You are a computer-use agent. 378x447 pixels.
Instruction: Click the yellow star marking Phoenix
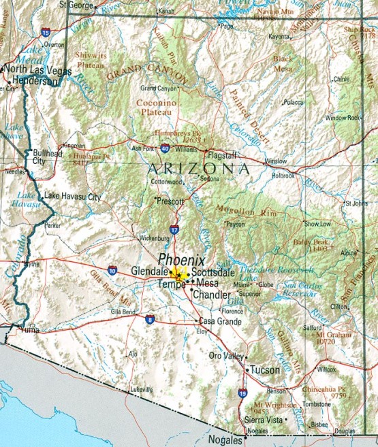point(178,274)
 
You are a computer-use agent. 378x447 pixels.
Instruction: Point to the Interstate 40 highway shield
point(165,148)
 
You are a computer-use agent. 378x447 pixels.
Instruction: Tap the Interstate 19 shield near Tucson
point(242,393)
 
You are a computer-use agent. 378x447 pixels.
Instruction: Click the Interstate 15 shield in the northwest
point(45,32)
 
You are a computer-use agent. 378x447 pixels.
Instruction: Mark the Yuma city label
point(29,331)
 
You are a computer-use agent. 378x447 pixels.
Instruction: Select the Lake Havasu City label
point(72,197)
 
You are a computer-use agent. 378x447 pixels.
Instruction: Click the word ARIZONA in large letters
point(198,168)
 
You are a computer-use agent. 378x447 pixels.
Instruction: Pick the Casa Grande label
point(219,321)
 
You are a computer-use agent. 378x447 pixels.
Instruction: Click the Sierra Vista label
point(264,421)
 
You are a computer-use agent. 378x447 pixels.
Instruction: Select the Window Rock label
point(343,118)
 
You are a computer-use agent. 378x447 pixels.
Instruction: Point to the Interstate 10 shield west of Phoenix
point(111,271)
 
